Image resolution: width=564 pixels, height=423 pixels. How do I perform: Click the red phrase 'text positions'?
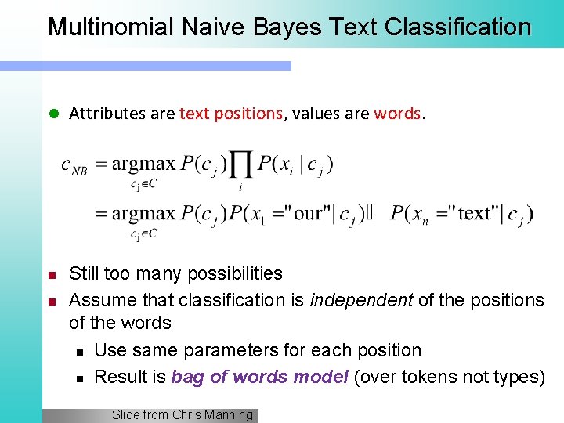230,114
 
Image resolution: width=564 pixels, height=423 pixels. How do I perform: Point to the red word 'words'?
397,114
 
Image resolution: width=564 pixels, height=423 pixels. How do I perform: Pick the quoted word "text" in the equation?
476,213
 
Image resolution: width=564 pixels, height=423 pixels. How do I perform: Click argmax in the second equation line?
144,213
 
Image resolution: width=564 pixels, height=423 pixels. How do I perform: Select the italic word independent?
352,300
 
